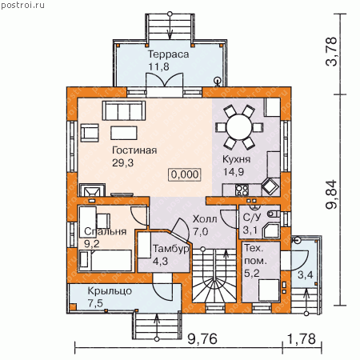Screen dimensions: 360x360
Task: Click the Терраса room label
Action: click(x=168, y=54)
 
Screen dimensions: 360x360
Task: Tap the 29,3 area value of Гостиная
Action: click(x=122, y=162)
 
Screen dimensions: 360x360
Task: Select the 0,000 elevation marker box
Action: click(x=185, y=174)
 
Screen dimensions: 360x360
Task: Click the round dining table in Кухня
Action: click(x=239, y=127)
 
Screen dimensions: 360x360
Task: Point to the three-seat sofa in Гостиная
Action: click(x=124, y=110)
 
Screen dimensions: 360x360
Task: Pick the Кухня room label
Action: click(x=236, y=159)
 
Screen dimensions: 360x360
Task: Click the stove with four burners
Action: click(x=242, y=190)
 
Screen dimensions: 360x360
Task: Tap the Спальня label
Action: click(x=105, y=231)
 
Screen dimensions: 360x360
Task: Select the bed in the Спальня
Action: click(x=106, y=260)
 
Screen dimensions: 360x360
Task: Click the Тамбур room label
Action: click(x=171, y=249)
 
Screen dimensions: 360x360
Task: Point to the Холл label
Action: click(x=205, y=219)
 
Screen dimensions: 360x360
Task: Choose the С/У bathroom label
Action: click(x=252, y=218)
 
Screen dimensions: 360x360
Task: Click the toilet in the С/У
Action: click(x=274, y=214)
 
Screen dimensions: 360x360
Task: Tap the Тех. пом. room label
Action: click(x=255, y=254)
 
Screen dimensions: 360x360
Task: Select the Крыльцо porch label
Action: click(x=110, y=290)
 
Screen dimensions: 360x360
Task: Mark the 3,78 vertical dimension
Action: click(x=332, y=51)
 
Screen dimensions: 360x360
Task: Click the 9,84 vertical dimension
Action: click(x=332, y=194)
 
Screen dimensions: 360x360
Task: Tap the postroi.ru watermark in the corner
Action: click(x=22, y=5)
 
